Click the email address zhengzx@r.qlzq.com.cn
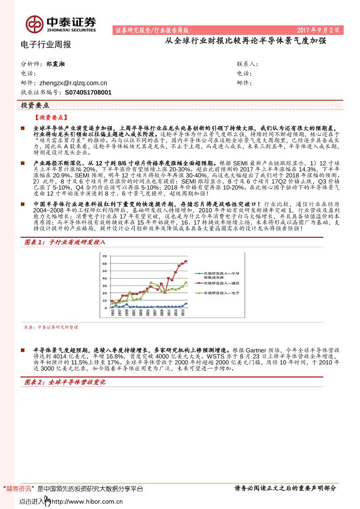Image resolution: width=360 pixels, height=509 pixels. [x=73, y=83]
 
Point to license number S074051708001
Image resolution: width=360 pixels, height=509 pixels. [x=88, y=92]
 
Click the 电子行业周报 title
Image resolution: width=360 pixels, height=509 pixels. [x=46, y=44]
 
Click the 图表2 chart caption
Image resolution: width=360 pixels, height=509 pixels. [x=64, y=382]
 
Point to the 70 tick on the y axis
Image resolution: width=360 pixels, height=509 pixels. [x=105, y=256]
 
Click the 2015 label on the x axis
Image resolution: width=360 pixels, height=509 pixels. [x=182, y=313]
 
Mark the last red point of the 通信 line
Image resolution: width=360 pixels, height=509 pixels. [x=186, y=261]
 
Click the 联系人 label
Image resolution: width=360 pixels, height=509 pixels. [x=247, y=64]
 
